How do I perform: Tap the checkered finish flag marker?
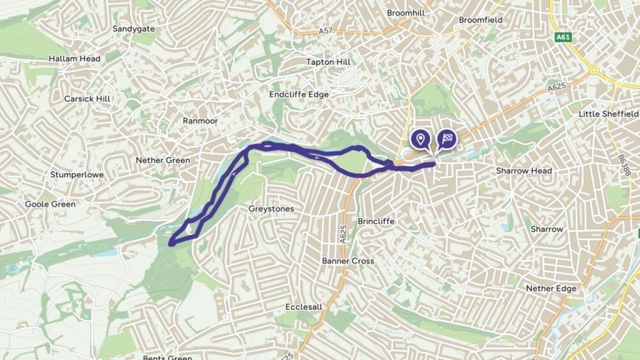pyautogui.click(x=447, y=139)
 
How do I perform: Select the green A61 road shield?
pyautogui.click(x=562, y=37)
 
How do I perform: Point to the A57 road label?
pyautogui.click(x=325, y=31)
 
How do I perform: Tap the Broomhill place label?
pyautogui.click(x=407, y=12)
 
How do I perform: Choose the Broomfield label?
pyautogui.click(x=481, y=20)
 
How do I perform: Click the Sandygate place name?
pyautogui.click(x=134, y=29)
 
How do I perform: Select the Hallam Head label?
pyautogui.click(x=74, y=59)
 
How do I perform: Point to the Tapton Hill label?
pyautogui.click(x=328, y=62)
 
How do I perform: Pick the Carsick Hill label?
pyautogui.click(x=87, y=99)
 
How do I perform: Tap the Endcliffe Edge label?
pyautogui.click(x=299, y=94)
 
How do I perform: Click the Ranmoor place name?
pyautogui.click(x=200, y=121)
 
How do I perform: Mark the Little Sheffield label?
pyautogui.click(x=609, y=114)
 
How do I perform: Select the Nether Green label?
pyautogui.click(x=162, y=161)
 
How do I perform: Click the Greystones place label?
pyautogui.click(x=271, y=209)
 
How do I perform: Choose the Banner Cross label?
pyautogui.click(x=348, y=261)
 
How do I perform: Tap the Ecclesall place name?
pyautogui.click(x=304, y=307)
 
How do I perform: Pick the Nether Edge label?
pyautogui.click(x=551, y=289)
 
